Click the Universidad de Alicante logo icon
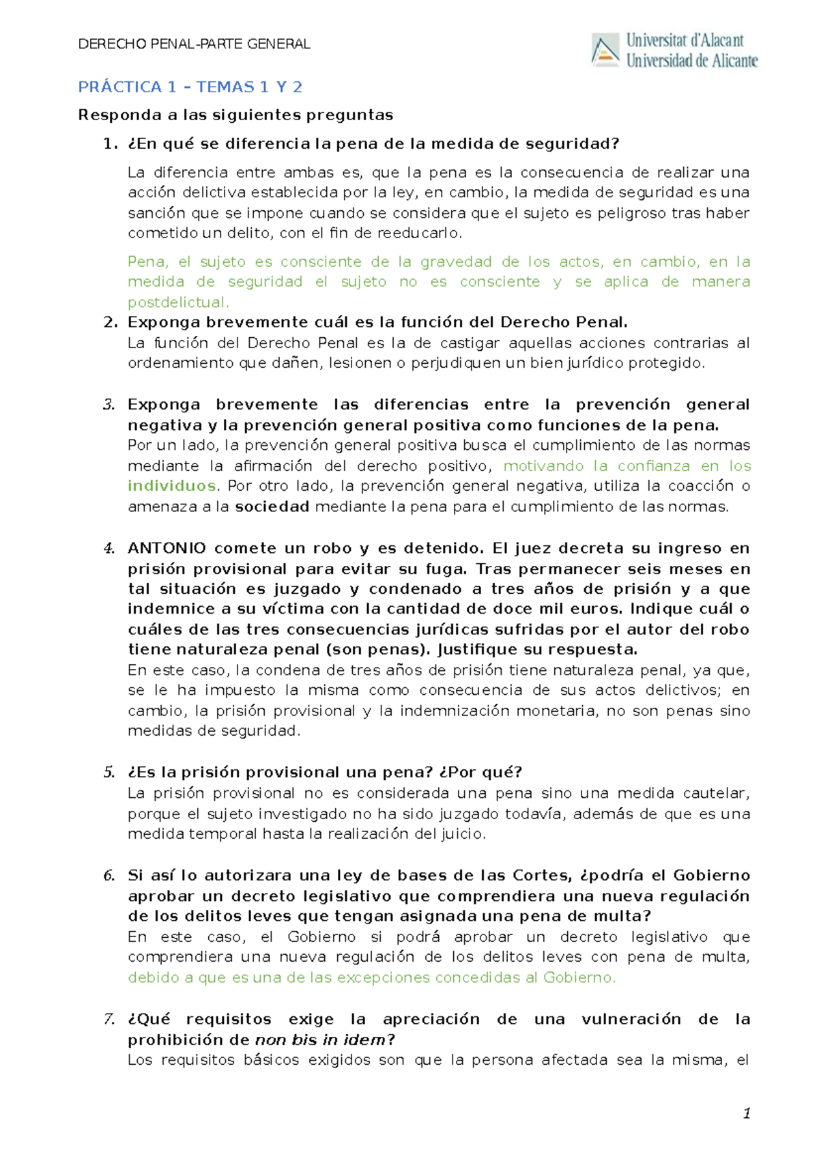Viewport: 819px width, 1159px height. click(605, 51)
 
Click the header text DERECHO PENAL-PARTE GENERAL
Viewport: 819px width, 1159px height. click(195, 44)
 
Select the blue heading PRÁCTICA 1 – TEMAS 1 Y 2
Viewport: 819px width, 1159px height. click(190, 87)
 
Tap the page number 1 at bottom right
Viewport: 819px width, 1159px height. click(747, 1114)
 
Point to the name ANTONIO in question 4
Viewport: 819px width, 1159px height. click(167, 549)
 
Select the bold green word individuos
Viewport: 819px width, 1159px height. click(172, 486)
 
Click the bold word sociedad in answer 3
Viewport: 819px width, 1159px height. click(272, 506)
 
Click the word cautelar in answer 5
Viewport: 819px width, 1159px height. click(717, 793)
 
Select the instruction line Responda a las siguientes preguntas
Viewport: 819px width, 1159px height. click(235, 115)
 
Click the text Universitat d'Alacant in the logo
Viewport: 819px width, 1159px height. click(685, 41)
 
